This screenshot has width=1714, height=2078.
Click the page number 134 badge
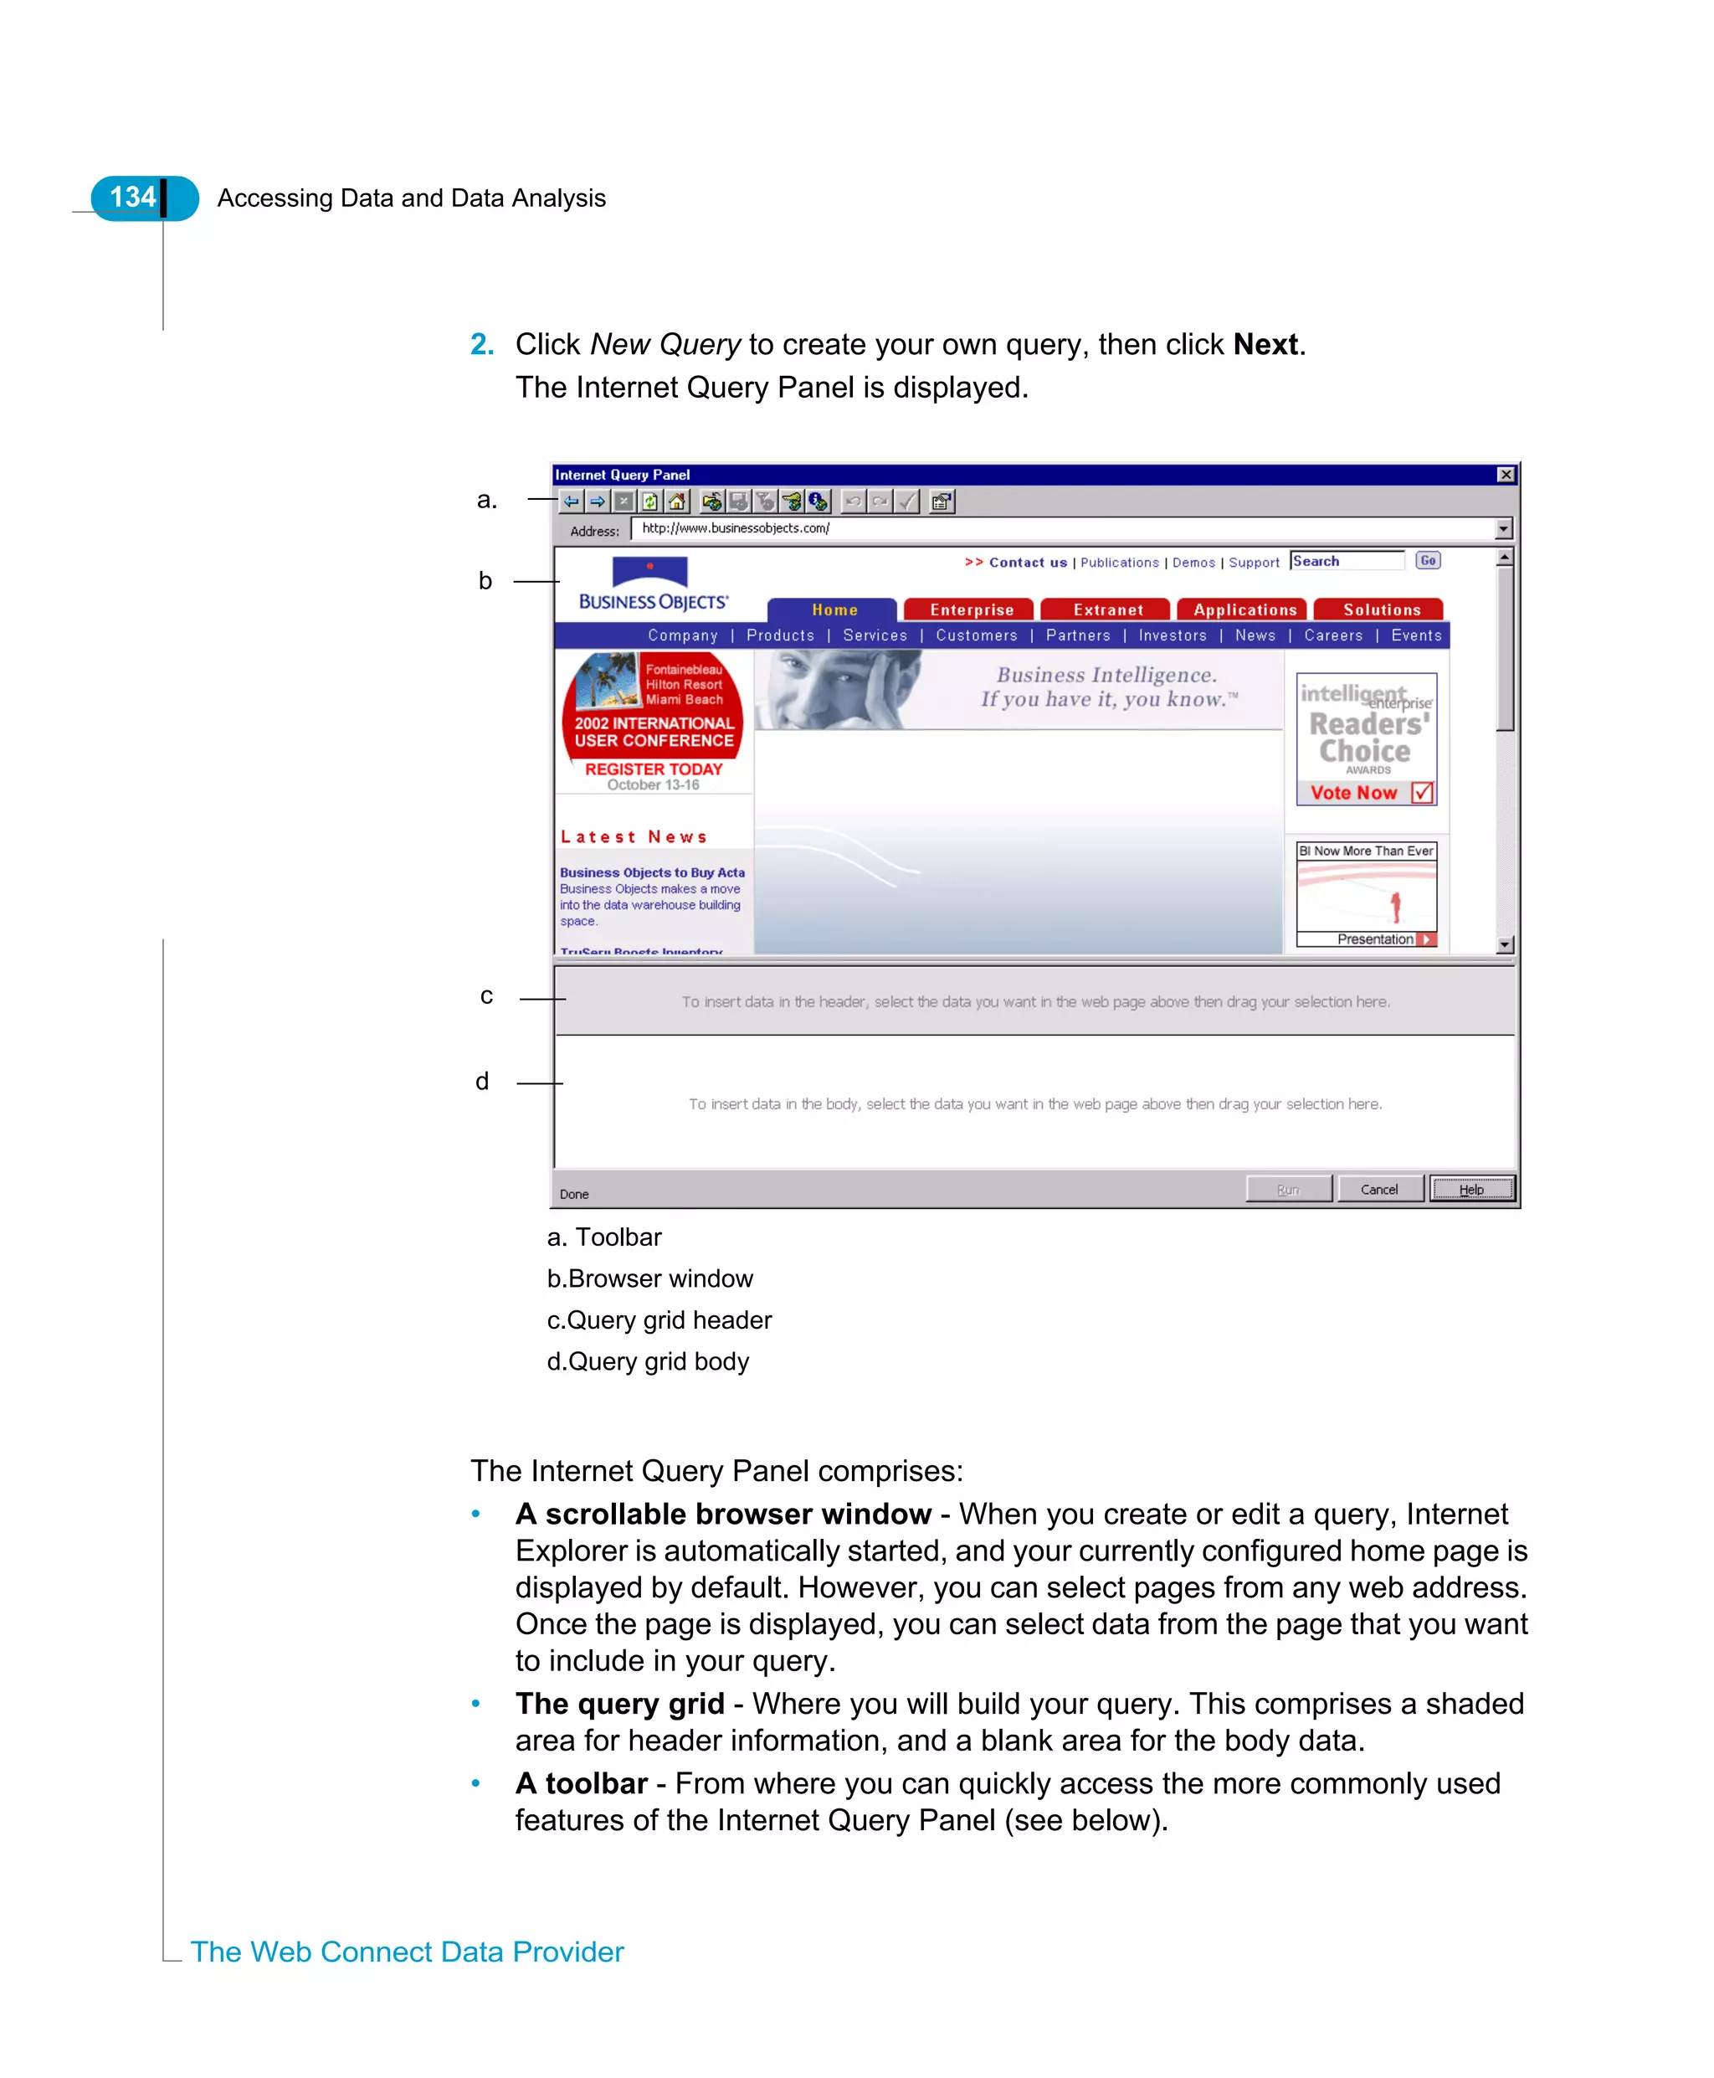coord(133,198)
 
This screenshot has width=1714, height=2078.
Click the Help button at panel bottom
coord(1471,1189)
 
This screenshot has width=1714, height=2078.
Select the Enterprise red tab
coord(971,610)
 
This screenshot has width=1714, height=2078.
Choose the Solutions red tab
coord(1380,610)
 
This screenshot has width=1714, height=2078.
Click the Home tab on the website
coord(834,610)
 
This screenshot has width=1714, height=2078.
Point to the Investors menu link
coord(1172,635)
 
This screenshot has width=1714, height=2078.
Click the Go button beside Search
coord(1428,561)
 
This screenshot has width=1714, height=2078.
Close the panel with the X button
coord(1506,475)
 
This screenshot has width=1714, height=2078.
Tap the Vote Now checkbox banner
coord(1368,792)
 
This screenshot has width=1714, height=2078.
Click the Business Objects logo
coord(653,584)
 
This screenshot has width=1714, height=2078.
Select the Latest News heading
coord(634,836)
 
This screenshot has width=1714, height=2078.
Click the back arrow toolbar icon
coord(572,501)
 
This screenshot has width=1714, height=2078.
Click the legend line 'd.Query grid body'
coord(648,1361)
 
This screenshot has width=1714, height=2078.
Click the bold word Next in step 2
coord(1265,345)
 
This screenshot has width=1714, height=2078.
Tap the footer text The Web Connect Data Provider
coord(407,1952)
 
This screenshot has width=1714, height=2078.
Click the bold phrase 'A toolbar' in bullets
coord(582,1783)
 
